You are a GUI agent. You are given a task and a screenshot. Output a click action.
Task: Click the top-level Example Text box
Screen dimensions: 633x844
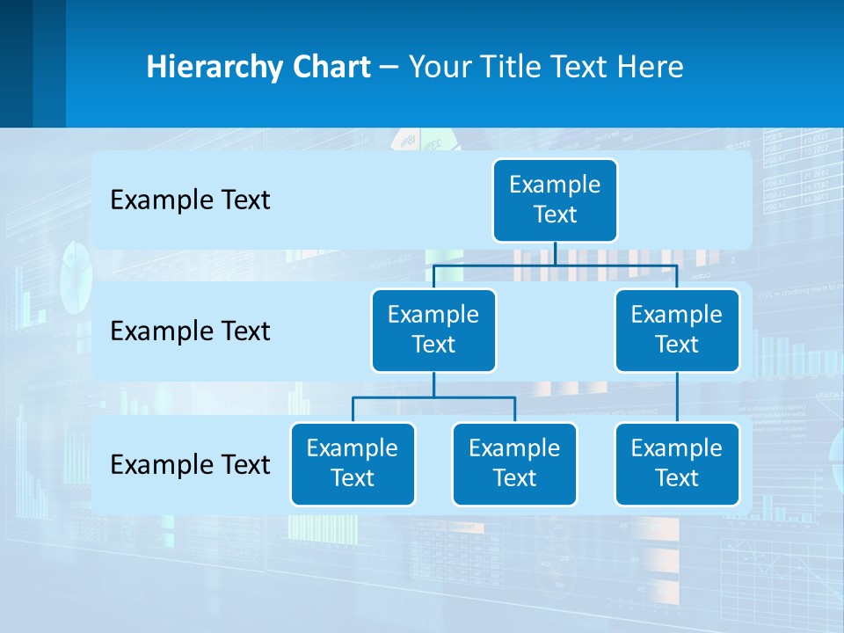(x=555, y=200)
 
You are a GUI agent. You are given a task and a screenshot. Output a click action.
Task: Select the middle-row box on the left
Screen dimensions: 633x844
(x=433, y=330)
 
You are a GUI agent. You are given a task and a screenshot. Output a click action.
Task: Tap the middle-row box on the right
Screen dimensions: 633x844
(x=677, y=330)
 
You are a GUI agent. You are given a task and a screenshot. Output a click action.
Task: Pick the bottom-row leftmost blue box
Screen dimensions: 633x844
(x=353, y=463)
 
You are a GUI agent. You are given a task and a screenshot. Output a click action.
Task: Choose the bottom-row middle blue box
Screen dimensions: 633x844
(x=514, y=463)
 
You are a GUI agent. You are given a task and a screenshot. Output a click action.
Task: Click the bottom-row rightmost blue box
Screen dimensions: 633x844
(x=677, y=463)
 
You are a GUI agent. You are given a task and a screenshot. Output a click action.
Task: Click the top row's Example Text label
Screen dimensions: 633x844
(x=190, y=200)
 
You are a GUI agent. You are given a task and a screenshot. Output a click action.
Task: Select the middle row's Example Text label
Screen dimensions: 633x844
(x=190, y=331)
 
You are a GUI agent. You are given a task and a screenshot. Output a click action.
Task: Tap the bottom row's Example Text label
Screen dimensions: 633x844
(x=190, y=464)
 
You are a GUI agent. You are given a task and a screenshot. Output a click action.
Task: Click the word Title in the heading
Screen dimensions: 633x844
(x=511, y=68)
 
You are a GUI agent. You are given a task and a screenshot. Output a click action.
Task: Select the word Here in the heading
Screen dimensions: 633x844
(x=650, y=68)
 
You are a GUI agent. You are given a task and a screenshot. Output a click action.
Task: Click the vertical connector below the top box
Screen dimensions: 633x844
(x=555, y=253)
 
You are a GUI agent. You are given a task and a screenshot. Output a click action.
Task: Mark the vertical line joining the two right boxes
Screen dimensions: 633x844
(x=677, y=397)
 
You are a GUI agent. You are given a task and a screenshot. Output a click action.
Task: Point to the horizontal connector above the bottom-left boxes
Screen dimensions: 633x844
(x=433, y=398)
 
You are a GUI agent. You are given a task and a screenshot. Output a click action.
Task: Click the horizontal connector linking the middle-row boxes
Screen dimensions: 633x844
(x=555, y=265)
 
